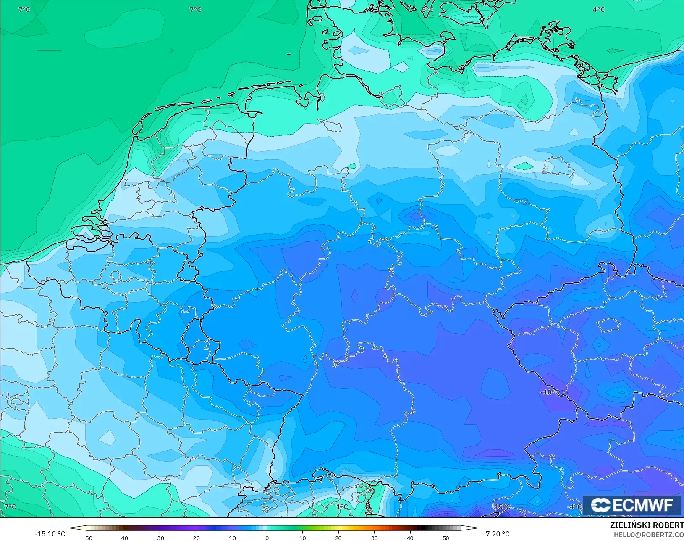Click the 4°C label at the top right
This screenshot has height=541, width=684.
(598, 9)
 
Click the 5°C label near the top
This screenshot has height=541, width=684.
(427, 9)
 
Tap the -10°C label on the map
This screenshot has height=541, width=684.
(550, 392)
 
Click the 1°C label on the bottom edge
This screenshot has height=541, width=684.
(342, 507)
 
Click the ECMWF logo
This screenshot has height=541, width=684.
(632, 505)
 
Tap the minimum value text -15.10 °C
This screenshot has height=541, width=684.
(50, 534)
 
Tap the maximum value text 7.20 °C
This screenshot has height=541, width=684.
(498, 534)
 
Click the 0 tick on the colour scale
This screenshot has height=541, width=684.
(267, 538)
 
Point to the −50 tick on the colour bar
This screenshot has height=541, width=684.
(87, 538)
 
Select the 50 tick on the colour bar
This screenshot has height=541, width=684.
(446, 538)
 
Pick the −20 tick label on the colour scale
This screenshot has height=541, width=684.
(194, 538)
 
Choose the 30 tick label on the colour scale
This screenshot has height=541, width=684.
(374, 538)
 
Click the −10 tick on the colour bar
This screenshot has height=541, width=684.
(231, 538)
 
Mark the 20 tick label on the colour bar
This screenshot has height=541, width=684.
(338, 538)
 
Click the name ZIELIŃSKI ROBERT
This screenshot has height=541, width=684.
(647, 525)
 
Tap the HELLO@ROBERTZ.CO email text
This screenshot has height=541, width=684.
(649, 535)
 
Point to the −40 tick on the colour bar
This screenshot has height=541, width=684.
(123, 538)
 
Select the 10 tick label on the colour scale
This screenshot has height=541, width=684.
(302, 538)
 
